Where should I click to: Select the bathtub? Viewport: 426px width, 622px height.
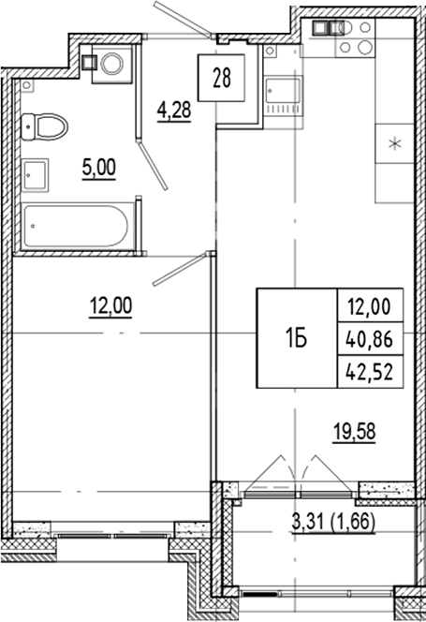75,226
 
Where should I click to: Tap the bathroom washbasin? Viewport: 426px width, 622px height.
37,174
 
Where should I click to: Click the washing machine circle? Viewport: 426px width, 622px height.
113,64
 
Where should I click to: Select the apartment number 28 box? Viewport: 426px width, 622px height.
222,77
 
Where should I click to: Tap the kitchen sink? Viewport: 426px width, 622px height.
280,95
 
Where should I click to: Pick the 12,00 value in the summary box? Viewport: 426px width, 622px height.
371,305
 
